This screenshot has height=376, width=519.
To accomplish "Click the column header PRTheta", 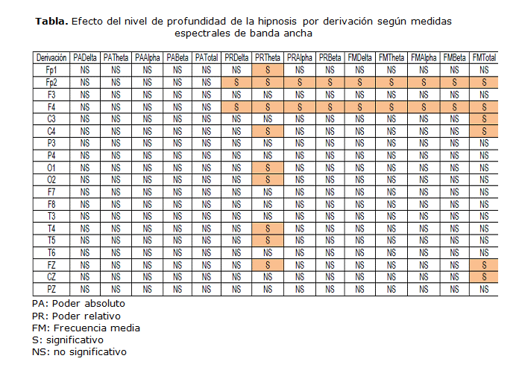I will [267, 57].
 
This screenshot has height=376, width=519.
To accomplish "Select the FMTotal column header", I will [484, 57].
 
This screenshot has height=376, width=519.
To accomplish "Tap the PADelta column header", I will [85, 57].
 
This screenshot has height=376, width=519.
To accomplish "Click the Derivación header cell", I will [51, 57].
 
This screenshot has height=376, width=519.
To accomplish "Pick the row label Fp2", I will [51, 81].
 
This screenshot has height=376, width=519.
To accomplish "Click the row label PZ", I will [51, 289].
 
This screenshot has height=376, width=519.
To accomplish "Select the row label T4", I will [51, 228].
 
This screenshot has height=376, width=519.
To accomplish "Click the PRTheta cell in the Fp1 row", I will [267, 69].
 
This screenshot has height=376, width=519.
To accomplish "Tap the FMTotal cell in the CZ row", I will [484, 277].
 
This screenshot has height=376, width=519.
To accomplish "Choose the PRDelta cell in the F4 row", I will [236, 106].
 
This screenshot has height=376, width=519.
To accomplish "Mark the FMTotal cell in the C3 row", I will [484, 118].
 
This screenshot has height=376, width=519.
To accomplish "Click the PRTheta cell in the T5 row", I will [267, 240].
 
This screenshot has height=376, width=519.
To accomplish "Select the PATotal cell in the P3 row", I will [206, 142].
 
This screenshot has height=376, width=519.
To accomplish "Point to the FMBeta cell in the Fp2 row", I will [453, 81].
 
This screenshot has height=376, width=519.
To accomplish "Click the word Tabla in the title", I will [51, 21].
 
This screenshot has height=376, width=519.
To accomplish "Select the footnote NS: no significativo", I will [79, 351].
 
